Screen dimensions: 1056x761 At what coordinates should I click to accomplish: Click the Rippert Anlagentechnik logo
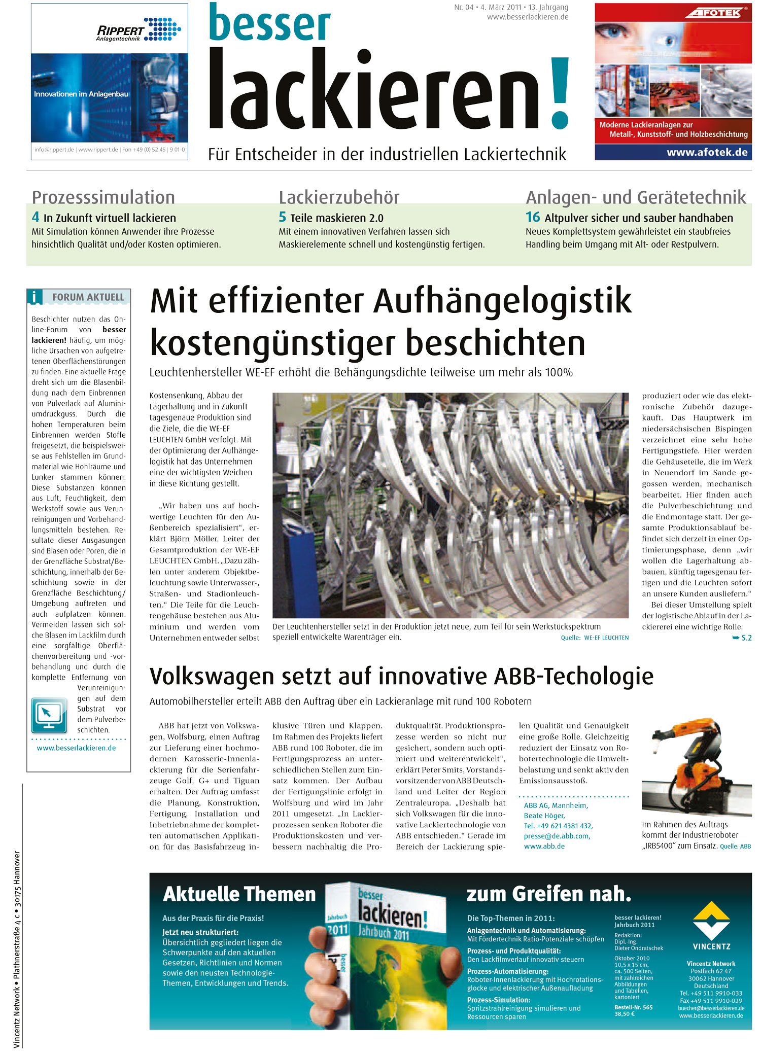(138, 30)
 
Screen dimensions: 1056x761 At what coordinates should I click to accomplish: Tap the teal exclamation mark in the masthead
(559, 91)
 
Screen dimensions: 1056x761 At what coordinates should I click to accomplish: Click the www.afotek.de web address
(707, 152)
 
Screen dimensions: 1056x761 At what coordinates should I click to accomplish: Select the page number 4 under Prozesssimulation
(36, 217)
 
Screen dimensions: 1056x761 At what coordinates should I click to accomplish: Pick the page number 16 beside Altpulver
(533, 217)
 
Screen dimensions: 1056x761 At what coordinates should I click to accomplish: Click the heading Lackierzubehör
(339, 197)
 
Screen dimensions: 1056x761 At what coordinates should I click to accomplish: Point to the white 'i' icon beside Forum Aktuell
(34, 297)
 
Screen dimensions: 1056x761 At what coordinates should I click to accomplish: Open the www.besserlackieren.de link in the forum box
(76, 748)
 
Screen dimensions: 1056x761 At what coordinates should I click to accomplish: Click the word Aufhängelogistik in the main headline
(502, 301)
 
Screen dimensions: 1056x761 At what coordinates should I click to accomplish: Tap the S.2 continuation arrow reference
(742, 638)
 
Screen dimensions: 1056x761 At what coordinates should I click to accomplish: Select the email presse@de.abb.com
(557, 836)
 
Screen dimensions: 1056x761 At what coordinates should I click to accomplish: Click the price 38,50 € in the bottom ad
(624, 1014)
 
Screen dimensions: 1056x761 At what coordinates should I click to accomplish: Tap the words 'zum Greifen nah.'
(548, 894)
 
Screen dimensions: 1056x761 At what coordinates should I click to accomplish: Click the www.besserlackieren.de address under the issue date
(528, 17)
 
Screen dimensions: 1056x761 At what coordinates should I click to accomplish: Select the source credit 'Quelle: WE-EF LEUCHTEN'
(595, 638)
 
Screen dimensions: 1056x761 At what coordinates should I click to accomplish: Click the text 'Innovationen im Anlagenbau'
(81, 94)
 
